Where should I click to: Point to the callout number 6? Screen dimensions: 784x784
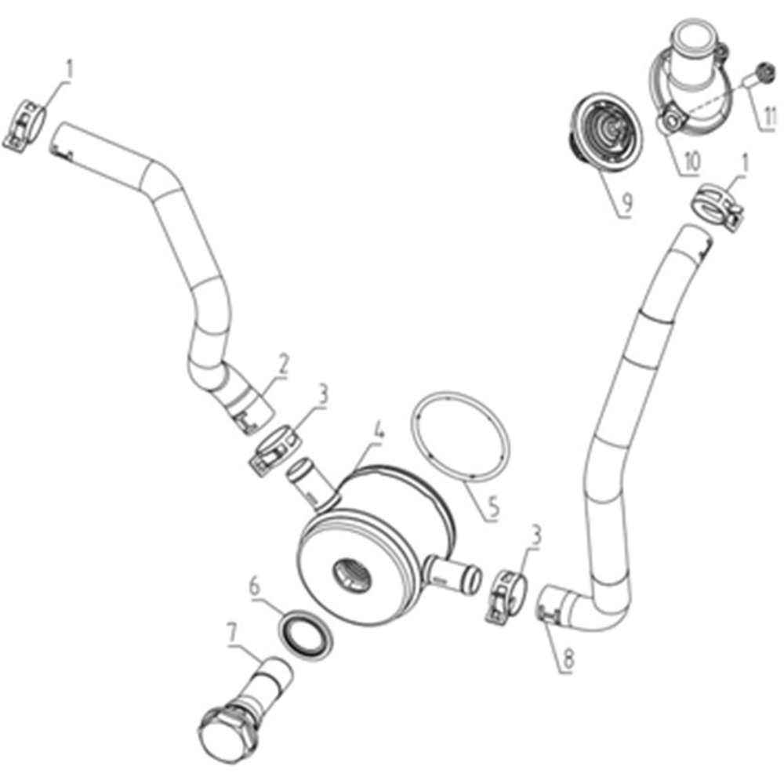click(255, 586)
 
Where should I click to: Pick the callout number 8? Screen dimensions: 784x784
click(568, 659)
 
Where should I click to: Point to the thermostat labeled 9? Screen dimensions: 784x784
click(607, 132)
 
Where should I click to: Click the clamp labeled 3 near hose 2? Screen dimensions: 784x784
click(275, 449)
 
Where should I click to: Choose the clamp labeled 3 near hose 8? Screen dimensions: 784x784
click(505, 597)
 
